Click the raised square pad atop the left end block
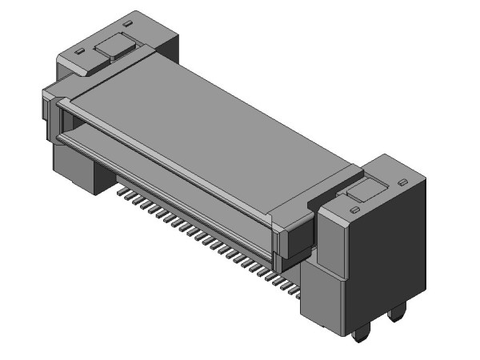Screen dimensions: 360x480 click(114, 45)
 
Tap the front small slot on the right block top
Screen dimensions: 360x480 click(352, 210)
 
